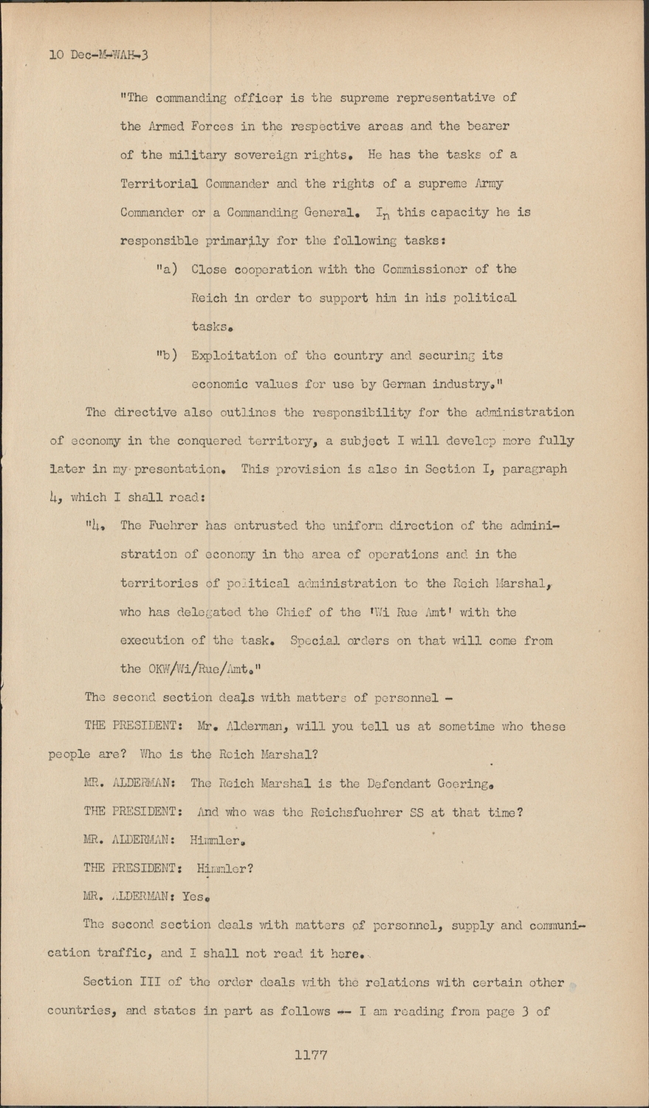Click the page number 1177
click(x=310, y=1055)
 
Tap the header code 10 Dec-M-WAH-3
click(x=98, y=55)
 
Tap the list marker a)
click(x=166, y=269)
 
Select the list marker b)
click(x=166, y=355)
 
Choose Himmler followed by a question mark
click(x=222, y=869)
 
